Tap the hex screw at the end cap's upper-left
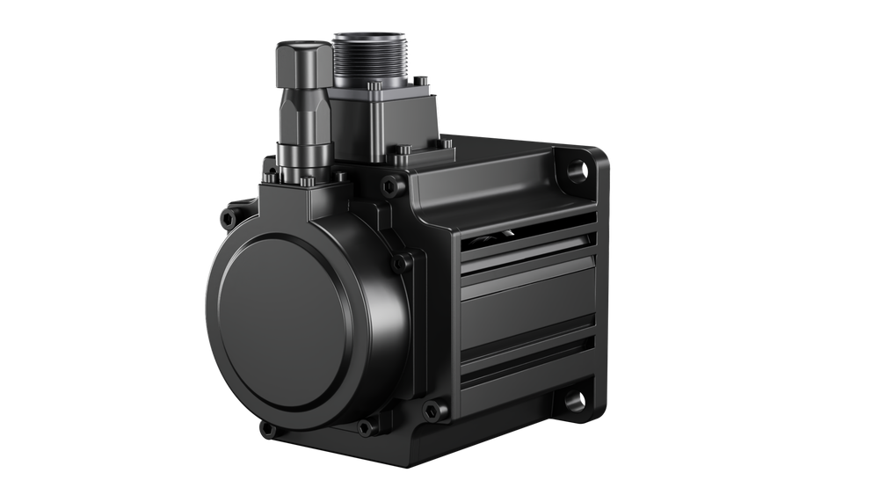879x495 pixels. click(230, 213)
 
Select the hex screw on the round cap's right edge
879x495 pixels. click(403, 259)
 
